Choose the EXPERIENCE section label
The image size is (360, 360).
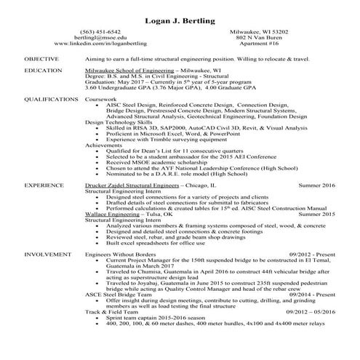click(43, 185)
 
